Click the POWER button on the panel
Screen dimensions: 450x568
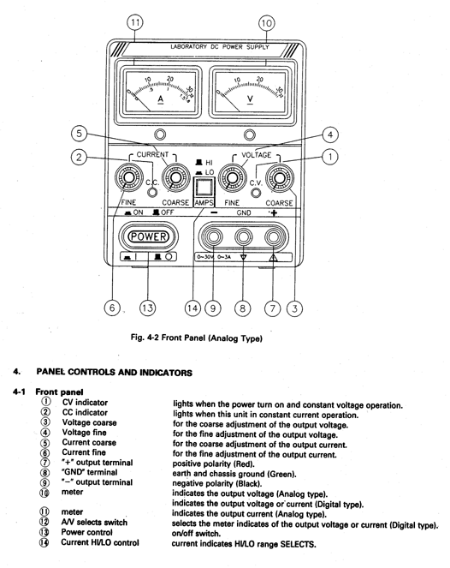click(x=148, y=236)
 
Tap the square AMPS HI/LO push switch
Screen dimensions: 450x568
click(x=204, y=188)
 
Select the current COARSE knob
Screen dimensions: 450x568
click(x=175, y=177)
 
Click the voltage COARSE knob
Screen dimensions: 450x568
click(x=280, y=177)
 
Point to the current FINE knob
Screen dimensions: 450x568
click(x=129, y=177)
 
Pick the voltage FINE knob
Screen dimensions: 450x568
click(x=233, y=177)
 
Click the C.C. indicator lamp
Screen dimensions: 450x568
click(x=153, y=192)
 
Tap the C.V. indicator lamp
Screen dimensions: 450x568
click(x=256, y=193)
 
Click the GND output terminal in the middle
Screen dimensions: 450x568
click(x=244, y=237)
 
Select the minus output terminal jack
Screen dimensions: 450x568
click(x=213, y=237)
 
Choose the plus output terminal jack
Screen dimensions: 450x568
click(x=274, y=237)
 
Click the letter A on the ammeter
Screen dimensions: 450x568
click(x=161, y=99)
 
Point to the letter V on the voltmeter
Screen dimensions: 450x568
click(x=250, y=99)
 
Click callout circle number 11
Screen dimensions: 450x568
click(x=135, y=22)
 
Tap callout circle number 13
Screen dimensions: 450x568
click(x=148, y=308)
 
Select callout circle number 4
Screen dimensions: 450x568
click(x=330, y=135)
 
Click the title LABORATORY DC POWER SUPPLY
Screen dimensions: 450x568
click(x=220, y=47)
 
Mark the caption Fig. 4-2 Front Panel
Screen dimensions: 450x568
click(x=197, y=338)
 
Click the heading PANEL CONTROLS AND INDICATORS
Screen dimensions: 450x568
click(x=115, y=373)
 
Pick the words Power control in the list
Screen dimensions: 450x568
click(x=86, y=532)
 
